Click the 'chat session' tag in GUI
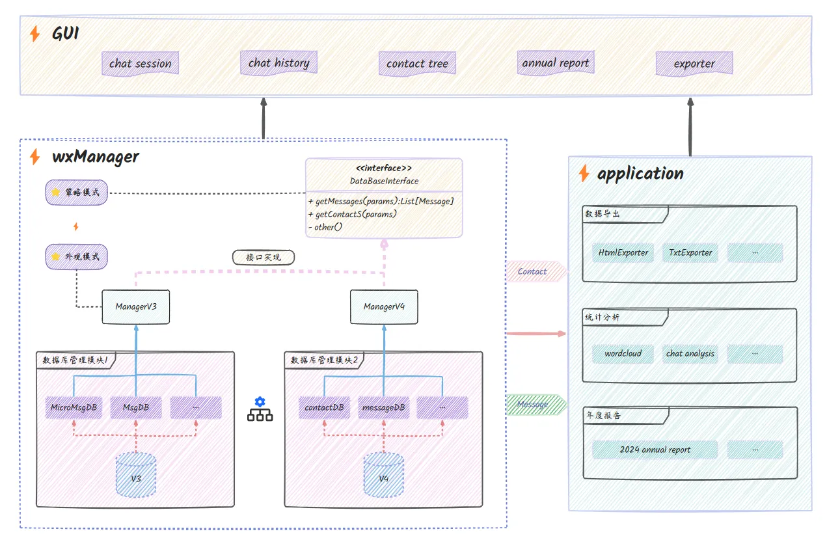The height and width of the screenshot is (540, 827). [140, 64]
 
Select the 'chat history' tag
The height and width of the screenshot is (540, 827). [278, 63]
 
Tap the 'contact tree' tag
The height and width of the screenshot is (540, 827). [417, 64]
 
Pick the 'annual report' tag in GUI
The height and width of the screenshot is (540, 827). [556, 63]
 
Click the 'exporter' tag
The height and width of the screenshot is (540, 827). [694, 64]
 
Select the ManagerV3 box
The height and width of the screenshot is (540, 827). [136, 306]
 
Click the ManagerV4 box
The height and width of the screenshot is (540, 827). [384, 306]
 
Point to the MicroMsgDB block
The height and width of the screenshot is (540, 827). [74, 408]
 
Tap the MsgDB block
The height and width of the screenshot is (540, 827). [136, 408]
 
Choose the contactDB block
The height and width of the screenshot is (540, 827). [324, 408]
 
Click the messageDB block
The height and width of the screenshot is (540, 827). [383, 408]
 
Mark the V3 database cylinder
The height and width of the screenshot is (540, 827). [136, 477]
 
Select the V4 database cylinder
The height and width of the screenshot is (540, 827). [384, 477]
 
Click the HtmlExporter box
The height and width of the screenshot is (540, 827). [623, 252]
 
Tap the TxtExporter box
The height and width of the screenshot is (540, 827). [690, 252]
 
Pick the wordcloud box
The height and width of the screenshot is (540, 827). [623, 354]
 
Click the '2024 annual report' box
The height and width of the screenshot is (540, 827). [655, 450]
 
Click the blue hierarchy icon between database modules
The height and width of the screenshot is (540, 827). [260, 409]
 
